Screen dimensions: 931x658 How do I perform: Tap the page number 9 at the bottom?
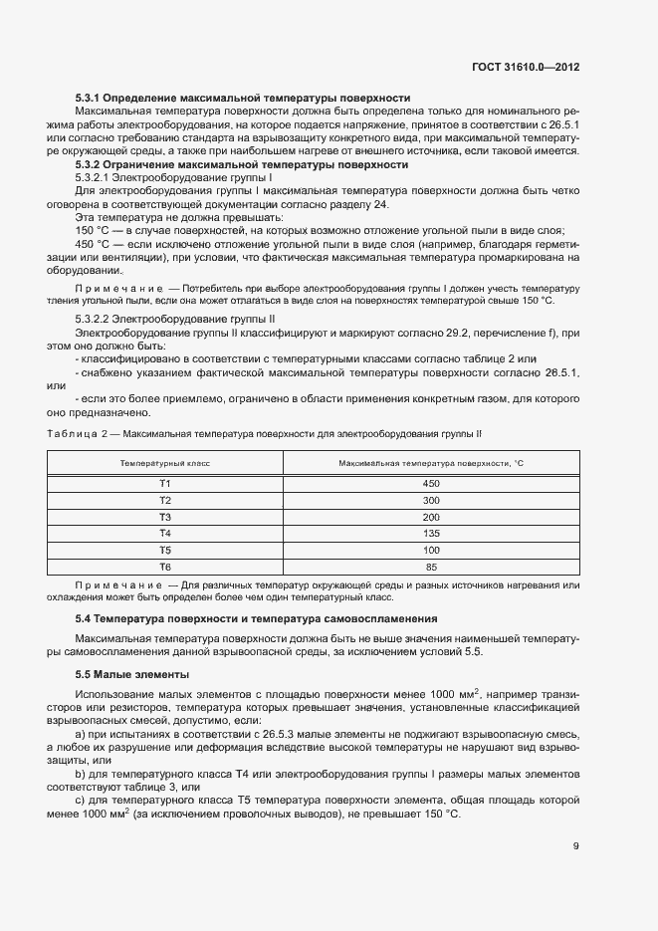[575, 846]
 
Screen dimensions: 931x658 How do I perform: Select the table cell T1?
[165, 483]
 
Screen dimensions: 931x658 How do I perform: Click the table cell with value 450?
[430, 483]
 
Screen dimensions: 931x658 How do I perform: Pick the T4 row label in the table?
[165, 534]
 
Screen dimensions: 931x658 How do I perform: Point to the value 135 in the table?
[430, 534]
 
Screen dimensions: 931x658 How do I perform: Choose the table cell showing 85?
[430, 568]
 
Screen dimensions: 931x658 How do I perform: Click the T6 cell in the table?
[165, 568]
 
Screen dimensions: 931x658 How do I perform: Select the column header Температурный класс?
[165, 463]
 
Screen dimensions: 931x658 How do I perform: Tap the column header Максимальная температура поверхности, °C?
[430, 463]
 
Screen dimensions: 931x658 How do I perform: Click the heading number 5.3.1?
[92, 99]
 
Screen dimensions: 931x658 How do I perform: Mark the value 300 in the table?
[430, 500]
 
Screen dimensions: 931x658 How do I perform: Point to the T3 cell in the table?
[165, 517]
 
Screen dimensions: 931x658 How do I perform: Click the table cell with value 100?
[430, 551]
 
